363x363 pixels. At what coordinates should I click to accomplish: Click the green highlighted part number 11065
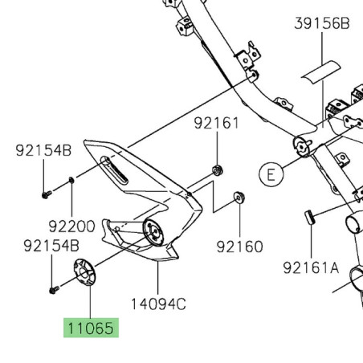(91, 328)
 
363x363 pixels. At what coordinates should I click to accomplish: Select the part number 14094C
(158, 304)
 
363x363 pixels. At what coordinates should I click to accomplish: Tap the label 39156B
(321, 24)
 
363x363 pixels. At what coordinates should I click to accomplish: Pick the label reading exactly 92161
(216, 124)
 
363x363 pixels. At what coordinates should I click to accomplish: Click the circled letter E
(271, 173)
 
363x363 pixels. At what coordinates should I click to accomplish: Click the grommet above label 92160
(239, 197)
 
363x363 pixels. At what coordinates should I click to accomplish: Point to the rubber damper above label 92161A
(308, 215)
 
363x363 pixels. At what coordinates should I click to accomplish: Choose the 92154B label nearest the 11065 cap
(51, 245)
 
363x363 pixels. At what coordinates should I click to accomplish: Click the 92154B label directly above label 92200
(44, 150)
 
